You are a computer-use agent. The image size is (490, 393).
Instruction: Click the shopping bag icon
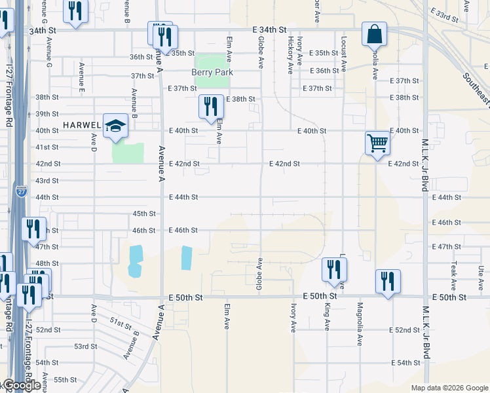pyautogui.click(x=374, y=34)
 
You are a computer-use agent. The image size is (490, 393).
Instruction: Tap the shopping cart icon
pyautogui.click(x=377, y=143)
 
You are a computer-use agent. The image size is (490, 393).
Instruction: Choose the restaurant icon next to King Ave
pyautogui.click(x=334, y=269)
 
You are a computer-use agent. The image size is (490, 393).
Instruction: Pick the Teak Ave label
pyautogui.click(x=453, y=276)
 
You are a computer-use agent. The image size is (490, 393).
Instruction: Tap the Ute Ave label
pyautogui.click(x=481, y=274)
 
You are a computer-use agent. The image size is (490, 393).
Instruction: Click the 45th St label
pyautogui.click(x=144, y=214)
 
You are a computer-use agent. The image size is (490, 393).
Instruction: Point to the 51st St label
pyautogui.click(x=121, y=323)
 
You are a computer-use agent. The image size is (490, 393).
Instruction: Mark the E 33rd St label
pyautogui.click(x=444, y=14)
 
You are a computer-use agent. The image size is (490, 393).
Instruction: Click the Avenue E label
pyautogui.click(x=82, y=75)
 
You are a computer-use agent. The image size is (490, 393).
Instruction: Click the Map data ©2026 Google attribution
pyautogui.click(x=449, y=388)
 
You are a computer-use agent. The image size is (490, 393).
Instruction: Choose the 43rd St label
pyautogui.click(x=47, y=181)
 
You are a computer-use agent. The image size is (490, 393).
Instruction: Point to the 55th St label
pyautogui.click(x=66, y=379)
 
